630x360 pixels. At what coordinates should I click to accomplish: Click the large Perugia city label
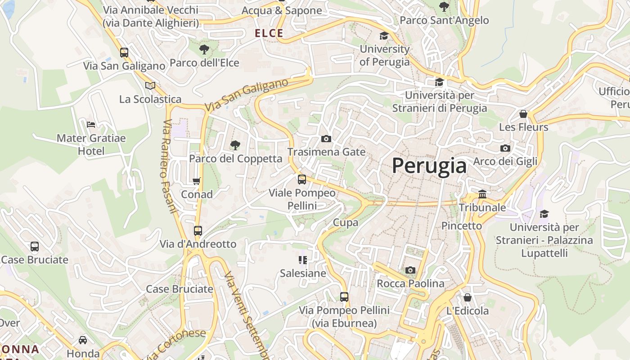(x=429, y=166)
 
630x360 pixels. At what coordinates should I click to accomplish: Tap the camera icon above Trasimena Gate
(x=326, y=139)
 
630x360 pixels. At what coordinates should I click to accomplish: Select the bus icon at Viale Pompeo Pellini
(x=302, y=180)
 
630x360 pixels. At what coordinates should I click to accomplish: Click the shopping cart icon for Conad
(x=196, y=181)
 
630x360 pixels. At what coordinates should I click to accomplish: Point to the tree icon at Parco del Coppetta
(x=235, y=145)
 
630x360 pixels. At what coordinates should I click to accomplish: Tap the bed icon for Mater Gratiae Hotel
(x=91, y=124)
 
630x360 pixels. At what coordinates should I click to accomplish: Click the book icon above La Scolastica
(x=150, y=85)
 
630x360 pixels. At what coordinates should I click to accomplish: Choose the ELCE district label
(x=269, y=33)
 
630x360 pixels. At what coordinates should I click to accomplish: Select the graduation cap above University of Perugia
(x=384, y=36)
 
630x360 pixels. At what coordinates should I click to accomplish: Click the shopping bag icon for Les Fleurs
(x=523, y=114)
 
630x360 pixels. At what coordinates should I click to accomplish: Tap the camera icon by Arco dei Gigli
(x=505, y=148)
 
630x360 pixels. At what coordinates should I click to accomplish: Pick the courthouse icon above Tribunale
(x=482, y=194)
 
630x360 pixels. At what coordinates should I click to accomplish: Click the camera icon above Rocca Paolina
(x=410, y=270)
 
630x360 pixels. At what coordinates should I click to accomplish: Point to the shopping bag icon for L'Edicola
(x=468, y=297)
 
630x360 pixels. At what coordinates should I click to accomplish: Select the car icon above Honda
(x=83, y=340)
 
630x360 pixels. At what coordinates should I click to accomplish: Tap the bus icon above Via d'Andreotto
(x=198, y=231)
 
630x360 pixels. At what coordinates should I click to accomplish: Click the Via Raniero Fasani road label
(x=169, y=166)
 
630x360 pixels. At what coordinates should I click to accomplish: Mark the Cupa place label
(x=346, y=222)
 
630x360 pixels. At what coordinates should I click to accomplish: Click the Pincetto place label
(x=461, y=225)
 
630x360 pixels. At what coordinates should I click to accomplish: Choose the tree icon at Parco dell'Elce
(x=204, y=49)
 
